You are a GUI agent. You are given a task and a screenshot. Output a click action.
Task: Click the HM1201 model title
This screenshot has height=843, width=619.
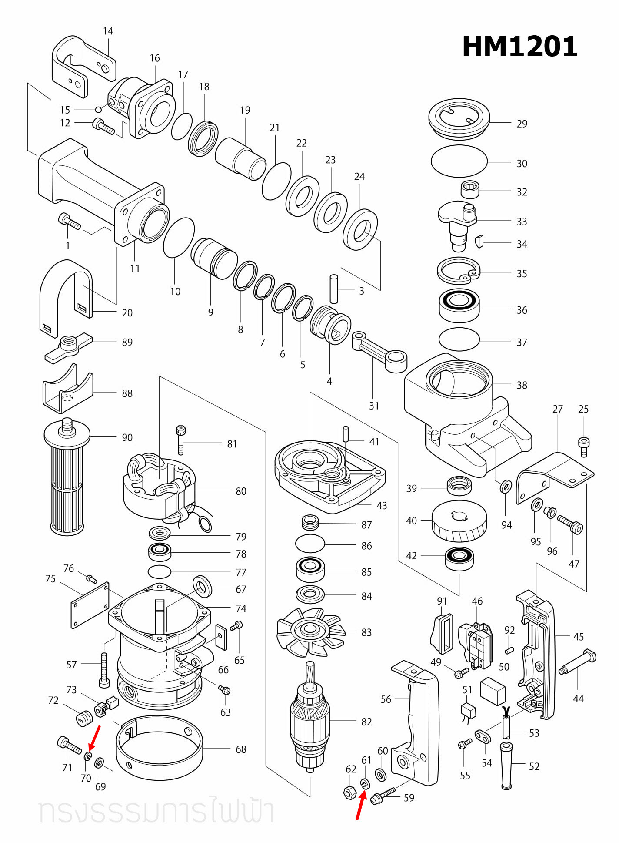(x=519, y=47)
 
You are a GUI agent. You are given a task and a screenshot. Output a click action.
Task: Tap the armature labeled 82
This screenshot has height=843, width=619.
(x=309, y=720)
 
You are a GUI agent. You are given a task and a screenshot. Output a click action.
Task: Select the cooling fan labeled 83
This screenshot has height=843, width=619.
(x=309, y=632)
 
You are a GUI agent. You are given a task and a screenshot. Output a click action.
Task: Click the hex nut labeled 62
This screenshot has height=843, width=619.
(x=350, y=793)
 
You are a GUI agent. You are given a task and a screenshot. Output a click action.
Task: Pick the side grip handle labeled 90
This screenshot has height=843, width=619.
(x=67, y=479)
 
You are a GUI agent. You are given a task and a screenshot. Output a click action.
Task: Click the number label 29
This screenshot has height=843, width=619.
(x=522, y=124)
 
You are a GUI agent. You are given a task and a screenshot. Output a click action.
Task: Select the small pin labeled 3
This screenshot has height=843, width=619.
(x=334, y=289)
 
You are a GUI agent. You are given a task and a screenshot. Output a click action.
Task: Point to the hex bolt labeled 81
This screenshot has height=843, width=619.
(x=181, y=440)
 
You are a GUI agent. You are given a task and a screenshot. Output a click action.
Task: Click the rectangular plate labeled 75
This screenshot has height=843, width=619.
(x=90, y=605)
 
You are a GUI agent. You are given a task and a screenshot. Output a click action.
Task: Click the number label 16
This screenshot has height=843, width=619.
(x=155, y=58)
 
